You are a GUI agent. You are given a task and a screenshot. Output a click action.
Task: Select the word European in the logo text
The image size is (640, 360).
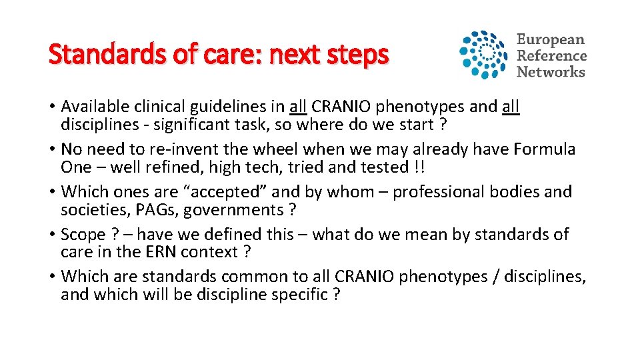coord(550,40)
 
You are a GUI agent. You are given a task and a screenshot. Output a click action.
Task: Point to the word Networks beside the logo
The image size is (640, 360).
coord(551,72)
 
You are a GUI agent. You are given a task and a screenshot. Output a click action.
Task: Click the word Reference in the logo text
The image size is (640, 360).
coord(551,56)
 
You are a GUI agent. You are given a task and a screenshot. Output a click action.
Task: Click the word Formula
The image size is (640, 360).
coord(543,149)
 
